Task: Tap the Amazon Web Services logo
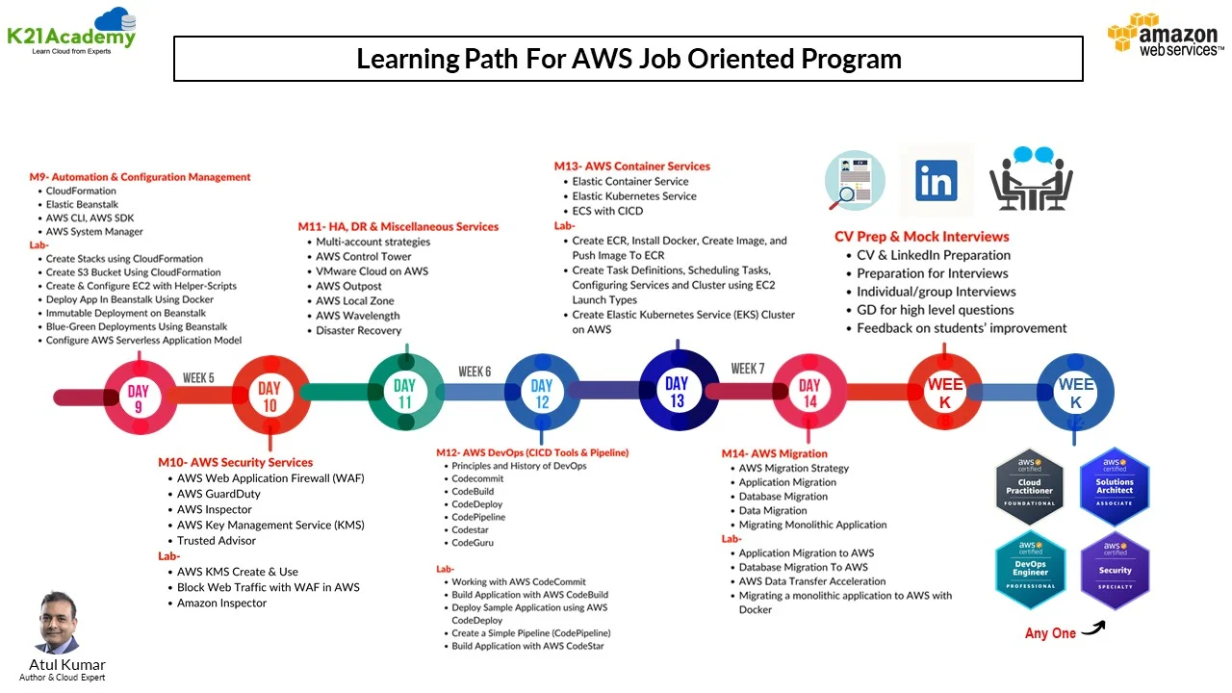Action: pyautogui.click(x=1165, y=37)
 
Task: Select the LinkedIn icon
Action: pyautogui.click(x=936, y=181)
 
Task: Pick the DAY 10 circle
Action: pyautogui.click(x=269, y=396)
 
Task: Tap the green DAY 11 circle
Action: pyautogui.click(x=405, y=394)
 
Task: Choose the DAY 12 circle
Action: pyautogui.click(x=542, y=394)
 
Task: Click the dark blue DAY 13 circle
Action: pyautogui.click(x=677, y=391)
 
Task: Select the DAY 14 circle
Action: pyautogui.click(x=809, y=393)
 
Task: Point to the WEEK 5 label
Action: pyautogui.click(x=198, y=378)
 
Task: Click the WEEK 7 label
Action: pyautogui.click(x=748, y=369)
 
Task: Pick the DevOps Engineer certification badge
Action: pyautogui.click(x=1029, y=570)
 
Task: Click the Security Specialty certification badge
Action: pyautogui.click(x=1115, y=570)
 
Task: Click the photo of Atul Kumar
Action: pyautogui.click(x=58, y=623)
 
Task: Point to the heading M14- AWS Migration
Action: pyautogui.click(x=774, y=453)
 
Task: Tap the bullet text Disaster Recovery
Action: pyautogui.click(x=358, y=330)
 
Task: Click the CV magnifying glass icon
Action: pyautogui.click(x=855, y=181)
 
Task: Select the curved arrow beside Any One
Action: pyautogui.click(x=1093, y=629)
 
